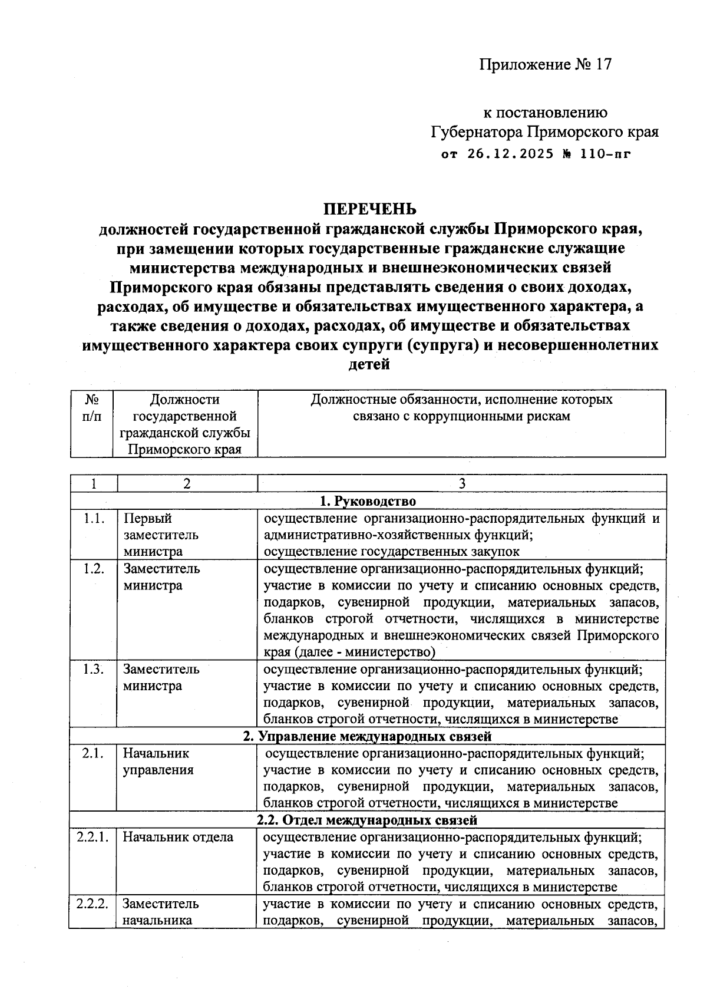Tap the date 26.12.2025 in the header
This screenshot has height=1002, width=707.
[x=511, y=154]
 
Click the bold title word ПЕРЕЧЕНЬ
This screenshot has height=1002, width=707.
[x=369, y=209]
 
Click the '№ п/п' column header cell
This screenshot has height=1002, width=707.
[x=92, y=408]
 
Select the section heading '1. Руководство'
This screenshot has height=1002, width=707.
[x=368, y=501]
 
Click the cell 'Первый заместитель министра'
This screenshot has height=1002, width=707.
[x=161, y=535]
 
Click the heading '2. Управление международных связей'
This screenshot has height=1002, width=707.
[x=368, y=736]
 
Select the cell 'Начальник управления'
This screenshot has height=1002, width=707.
[x=157, y=762]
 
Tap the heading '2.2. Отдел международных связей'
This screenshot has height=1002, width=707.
[x=368, y=820]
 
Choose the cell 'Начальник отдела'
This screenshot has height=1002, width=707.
[x=178, y=837]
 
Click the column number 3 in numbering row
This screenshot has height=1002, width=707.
[x=462, y=484]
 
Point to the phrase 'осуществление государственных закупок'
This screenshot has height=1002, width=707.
[x=392, y=552]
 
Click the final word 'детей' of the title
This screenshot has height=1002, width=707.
[x=369, y=364]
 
